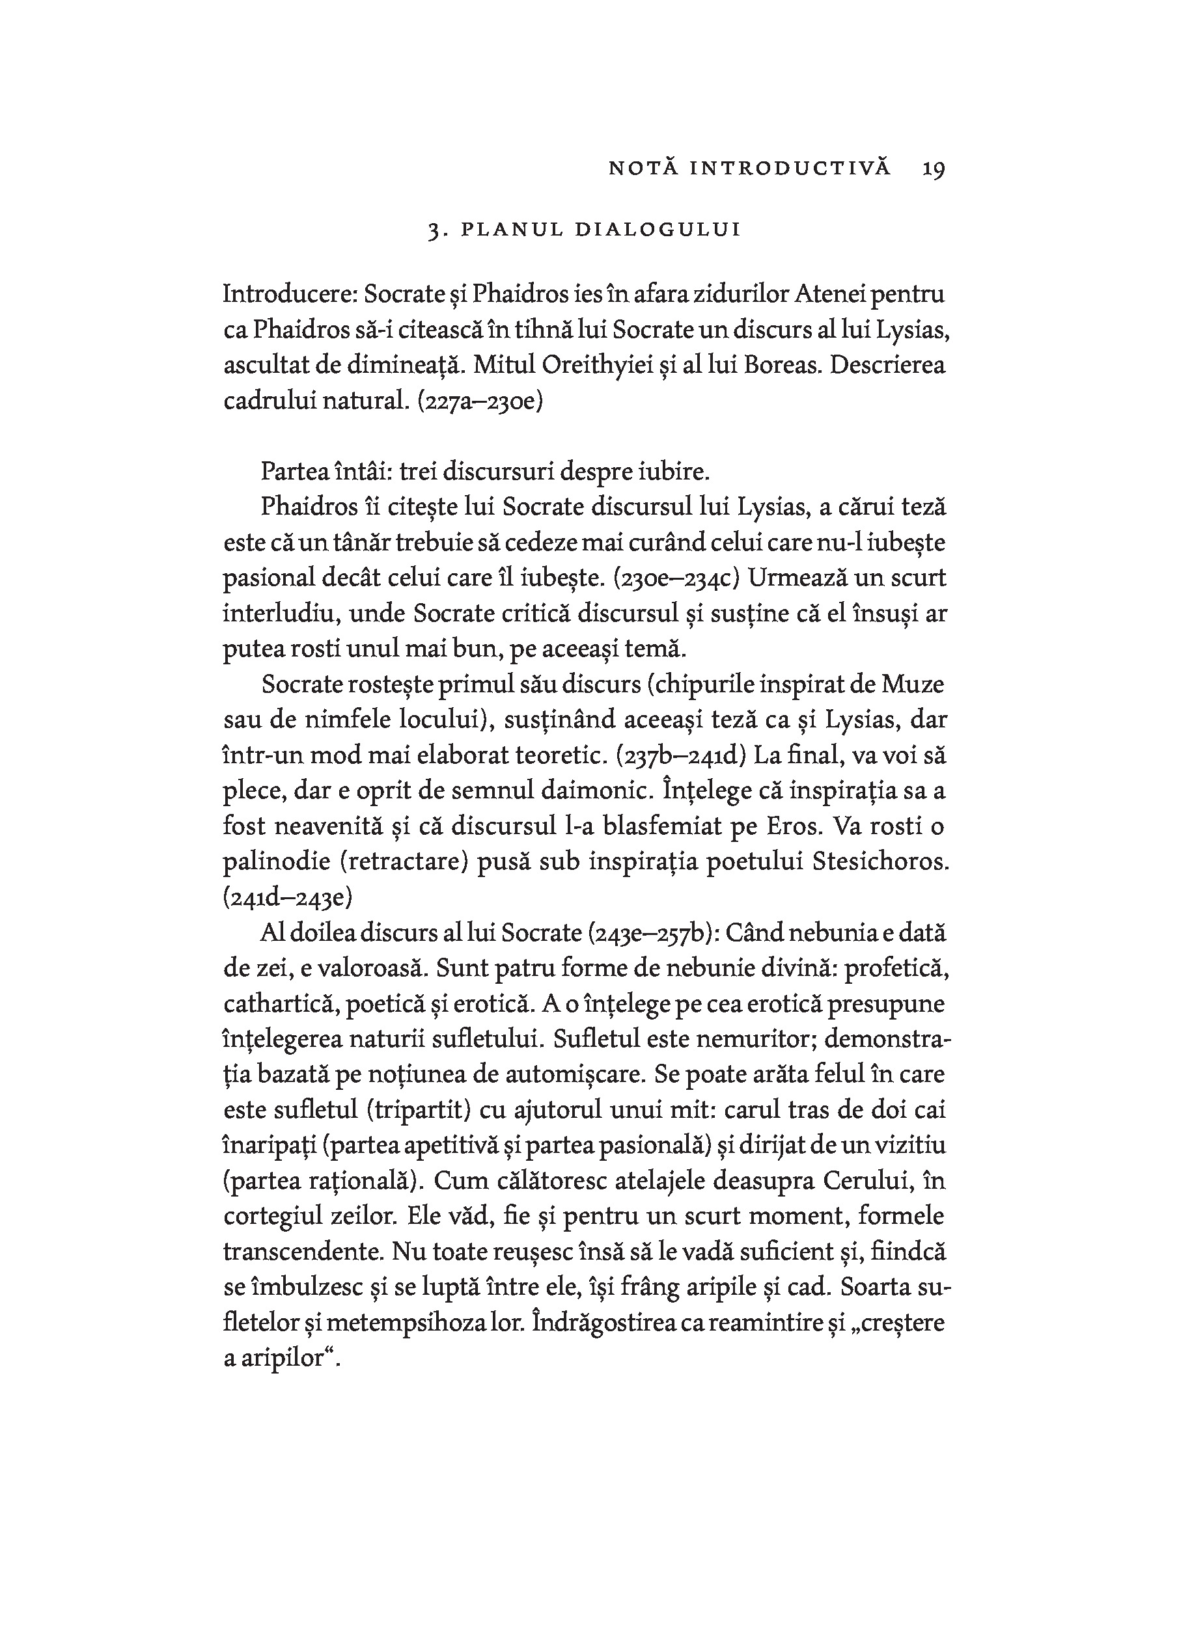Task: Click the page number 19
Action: point(934,169)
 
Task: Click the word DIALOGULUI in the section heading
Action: point(658,230)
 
